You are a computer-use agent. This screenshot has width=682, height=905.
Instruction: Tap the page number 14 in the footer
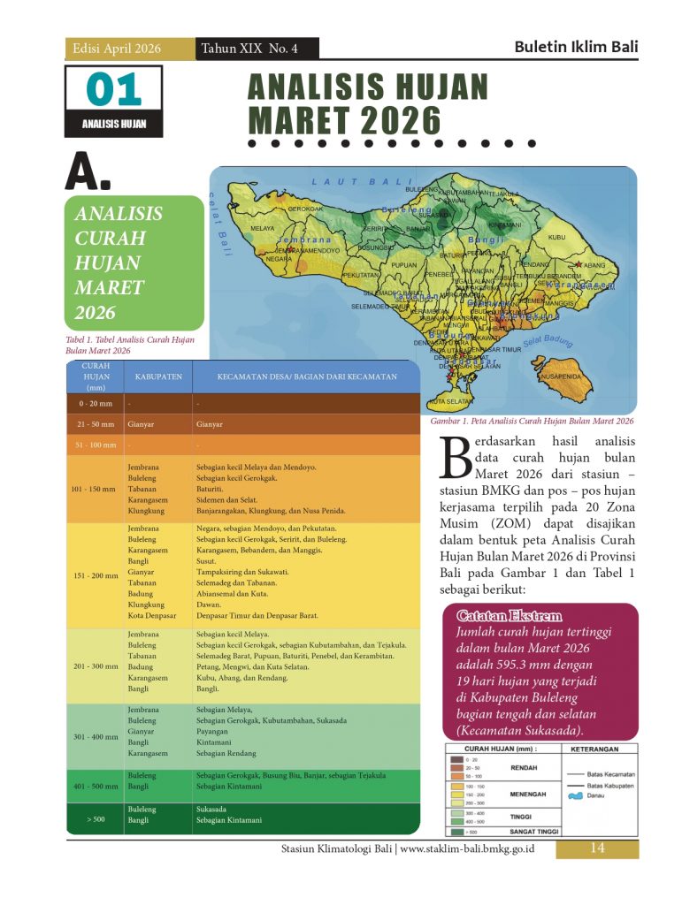point(596,848)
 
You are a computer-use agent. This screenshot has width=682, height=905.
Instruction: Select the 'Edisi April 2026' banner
point(117,49)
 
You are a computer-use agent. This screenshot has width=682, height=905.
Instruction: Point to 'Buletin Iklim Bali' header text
point(576,48)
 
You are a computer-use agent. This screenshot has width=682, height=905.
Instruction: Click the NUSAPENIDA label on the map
point(560,376)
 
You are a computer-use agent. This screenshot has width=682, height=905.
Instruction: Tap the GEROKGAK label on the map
point(305,209)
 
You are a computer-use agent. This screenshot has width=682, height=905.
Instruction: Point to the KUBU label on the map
point(556,237)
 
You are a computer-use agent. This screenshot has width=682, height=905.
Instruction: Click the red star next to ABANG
point(579,264)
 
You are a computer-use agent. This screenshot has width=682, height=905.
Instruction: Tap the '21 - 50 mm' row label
point(94,424)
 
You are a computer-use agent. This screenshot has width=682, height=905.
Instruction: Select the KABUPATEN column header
point(158,376)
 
